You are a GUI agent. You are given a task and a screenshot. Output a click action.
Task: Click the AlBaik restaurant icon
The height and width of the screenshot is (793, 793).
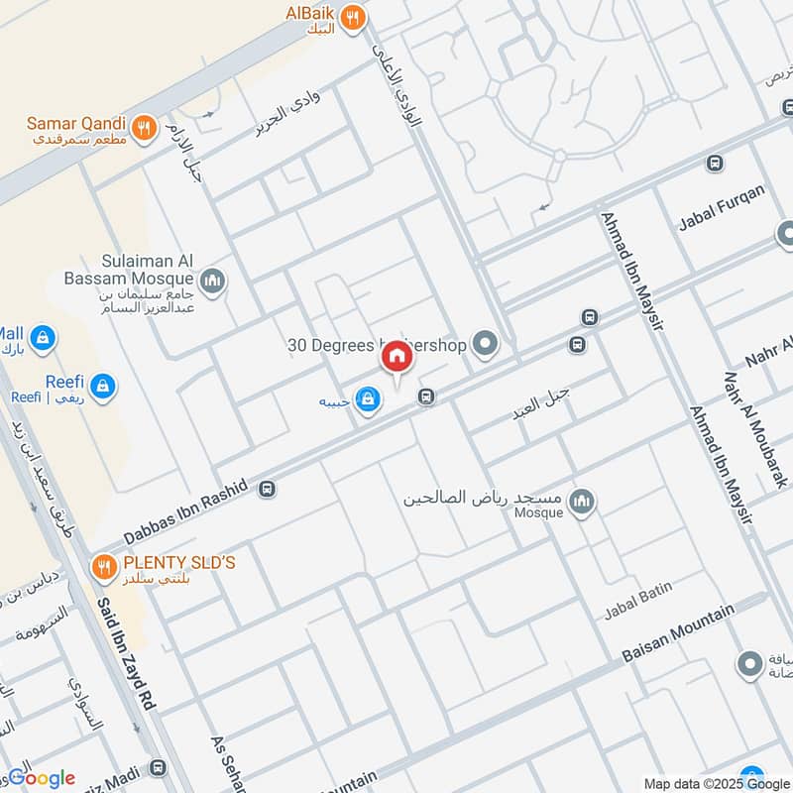[352, 17]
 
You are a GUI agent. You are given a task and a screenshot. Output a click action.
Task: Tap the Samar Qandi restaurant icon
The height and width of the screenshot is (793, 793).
[145, 126]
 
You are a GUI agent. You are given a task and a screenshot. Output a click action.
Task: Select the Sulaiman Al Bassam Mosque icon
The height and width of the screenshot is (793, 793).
[212, 284]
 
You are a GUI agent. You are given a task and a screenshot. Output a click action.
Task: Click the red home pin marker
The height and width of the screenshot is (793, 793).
[396, 357]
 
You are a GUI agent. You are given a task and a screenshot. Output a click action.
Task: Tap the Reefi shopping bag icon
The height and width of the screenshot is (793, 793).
[103, 386]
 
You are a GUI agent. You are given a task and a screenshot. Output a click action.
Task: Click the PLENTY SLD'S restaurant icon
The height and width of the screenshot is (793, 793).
[103, 567]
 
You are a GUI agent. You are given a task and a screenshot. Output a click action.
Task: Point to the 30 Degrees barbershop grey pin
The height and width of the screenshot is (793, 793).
[485, 345]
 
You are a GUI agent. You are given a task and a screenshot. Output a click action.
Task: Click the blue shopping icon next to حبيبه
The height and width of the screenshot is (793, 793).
[368, 399]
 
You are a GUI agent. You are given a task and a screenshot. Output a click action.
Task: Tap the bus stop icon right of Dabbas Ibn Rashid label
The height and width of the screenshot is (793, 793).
[267, 489]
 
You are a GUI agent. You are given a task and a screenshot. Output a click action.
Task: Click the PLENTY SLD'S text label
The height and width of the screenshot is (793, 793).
[178, 563]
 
